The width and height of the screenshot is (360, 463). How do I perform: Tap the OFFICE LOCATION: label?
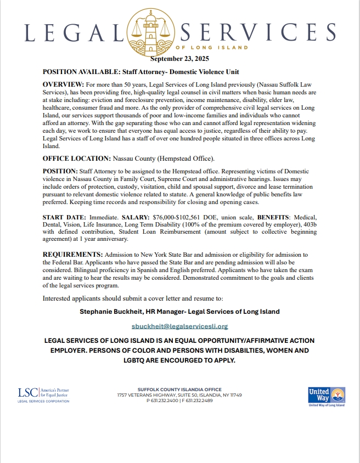[77, 159]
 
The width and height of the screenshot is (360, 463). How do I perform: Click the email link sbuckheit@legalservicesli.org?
[180, 326]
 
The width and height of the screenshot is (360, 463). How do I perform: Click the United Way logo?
[326, 396]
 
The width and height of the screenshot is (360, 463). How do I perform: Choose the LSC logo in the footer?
[43, 394]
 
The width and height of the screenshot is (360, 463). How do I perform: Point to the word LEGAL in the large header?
[74, 31]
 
